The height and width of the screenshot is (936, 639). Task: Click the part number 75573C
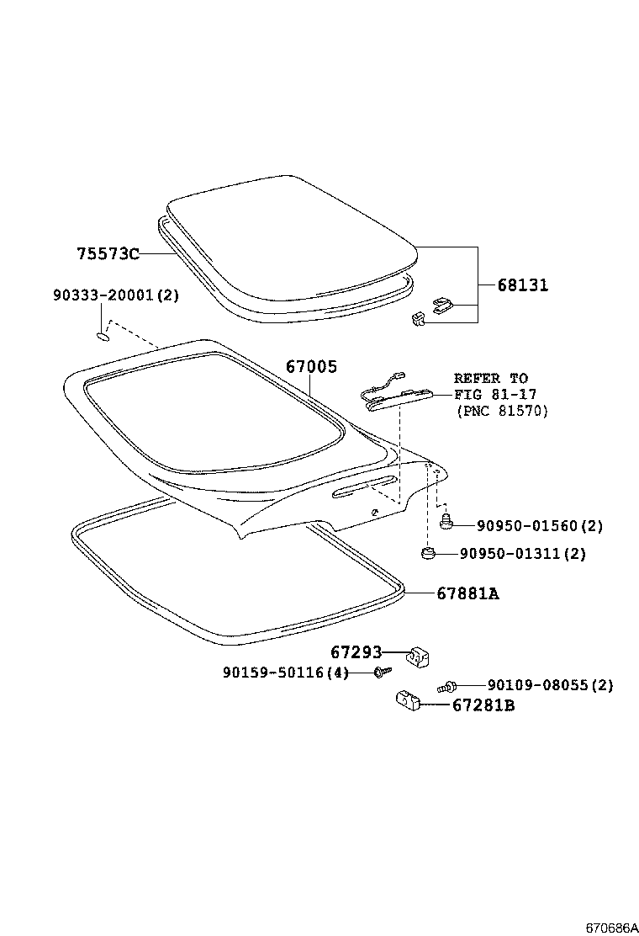pos(108,253)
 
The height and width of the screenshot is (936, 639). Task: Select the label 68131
pos(523,285)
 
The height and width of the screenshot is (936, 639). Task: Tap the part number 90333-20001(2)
pos(116,295)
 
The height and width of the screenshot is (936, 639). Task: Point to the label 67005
pos(311,366)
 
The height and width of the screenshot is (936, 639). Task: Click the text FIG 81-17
pos(495,394)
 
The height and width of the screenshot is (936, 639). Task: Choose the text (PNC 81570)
pos(502,411)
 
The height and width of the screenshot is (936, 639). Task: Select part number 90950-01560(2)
pos(540,526)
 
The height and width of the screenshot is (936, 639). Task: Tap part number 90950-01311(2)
pos(523,554)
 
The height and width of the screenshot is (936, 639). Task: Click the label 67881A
pos(468,593)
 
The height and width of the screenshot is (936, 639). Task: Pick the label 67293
pos(356,652)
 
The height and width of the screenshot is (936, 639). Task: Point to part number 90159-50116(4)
pos(286,673)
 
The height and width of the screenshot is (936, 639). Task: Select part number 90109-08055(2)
pos(550,685)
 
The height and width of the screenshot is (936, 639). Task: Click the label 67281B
pos(483,705)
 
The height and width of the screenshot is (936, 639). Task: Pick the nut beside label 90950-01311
pos(427,553)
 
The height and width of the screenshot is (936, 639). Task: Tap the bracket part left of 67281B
pos(407,699)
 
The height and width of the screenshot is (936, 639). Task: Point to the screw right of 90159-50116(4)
pos(383,672)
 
